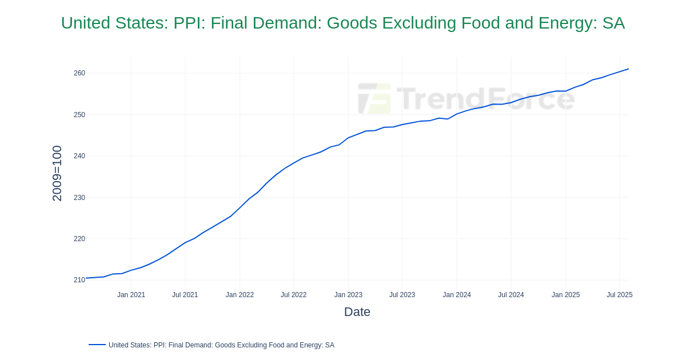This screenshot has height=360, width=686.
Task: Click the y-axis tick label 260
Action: (x=79, y=73)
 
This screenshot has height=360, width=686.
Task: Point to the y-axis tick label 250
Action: (x=79, y=115)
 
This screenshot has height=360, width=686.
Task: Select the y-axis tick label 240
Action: (x=79, y=156)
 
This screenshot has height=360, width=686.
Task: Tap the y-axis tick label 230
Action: (x=79, y=198)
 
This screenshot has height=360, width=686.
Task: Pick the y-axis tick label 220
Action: (x=79, y=239)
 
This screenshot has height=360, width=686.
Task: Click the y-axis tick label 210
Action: (x=79, y=280)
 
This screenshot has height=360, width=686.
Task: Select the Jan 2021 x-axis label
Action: (x=131, y=295)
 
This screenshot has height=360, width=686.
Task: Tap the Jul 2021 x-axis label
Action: (x=185, y=295)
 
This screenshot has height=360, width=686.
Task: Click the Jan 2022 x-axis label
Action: (x=240, y=295)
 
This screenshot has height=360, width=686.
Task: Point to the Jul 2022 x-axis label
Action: (x=293, y=295)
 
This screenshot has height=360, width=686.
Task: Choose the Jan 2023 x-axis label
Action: (x=348, y=295)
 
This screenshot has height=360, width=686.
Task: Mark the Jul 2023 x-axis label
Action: (x=402, y=295)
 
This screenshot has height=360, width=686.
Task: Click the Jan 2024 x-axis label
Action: (x=457, y=295)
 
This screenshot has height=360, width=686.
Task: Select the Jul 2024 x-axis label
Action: (x=510, y=295)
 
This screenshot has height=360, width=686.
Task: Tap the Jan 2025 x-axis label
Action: (x=565, y=295)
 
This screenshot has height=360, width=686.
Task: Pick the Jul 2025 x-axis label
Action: (x=619, y=295)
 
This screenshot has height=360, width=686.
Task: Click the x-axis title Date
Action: (x=357, y=312)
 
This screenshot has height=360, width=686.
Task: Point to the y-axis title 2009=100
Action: (x=57, y=173)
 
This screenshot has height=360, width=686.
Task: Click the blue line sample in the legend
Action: (x=97, y=345)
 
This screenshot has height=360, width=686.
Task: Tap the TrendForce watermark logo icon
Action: (x=374, y=99)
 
